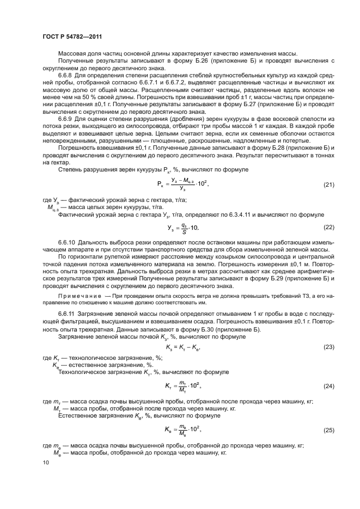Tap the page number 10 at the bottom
click(46, 462)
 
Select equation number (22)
click(328, 226)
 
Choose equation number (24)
click(328, 385)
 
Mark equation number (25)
click(328, 430)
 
